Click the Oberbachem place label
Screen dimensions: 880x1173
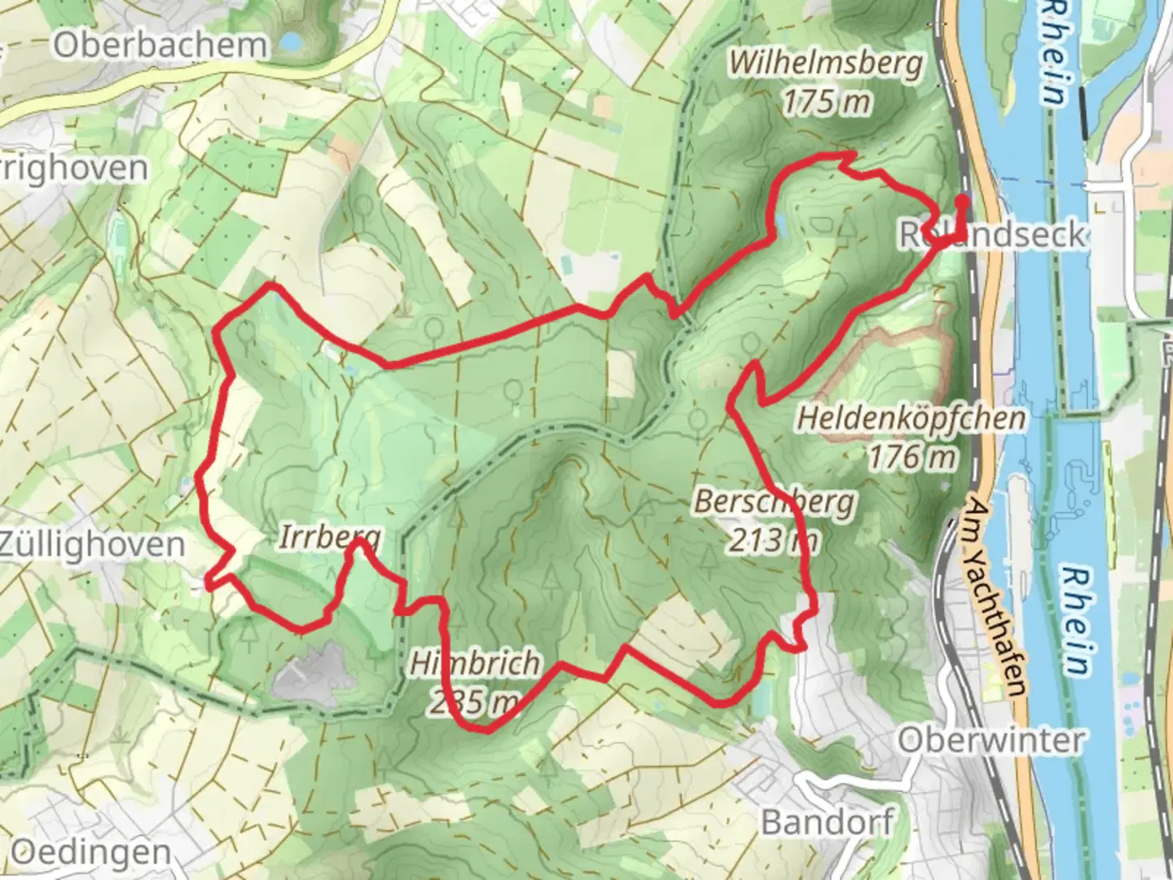(160, 45)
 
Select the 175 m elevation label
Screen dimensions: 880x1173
(826, 102)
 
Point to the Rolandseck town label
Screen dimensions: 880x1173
(992, 235)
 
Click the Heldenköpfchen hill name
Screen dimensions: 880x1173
(911, 419)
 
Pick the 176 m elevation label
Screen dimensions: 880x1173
(911, 457)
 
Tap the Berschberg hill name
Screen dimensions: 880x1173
(774, 501)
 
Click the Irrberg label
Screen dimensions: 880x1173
(329, 537)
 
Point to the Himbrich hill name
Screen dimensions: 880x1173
(474, 663)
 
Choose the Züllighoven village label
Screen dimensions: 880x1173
(93, 543)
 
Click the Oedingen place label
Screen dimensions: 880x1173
(90, 853)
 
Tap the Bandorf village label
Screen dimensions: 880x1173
(827, 821)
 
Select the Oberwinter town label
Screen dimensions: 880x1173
(991, 740)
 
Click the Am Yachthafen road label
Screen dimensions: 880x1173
(995, 598)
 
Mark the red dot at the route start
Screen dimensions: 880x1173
(962, 200)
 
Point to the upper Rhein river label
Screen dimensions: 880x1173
(1054, 54)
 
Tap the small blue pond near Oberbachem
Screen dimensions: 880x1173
(288, 41)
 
